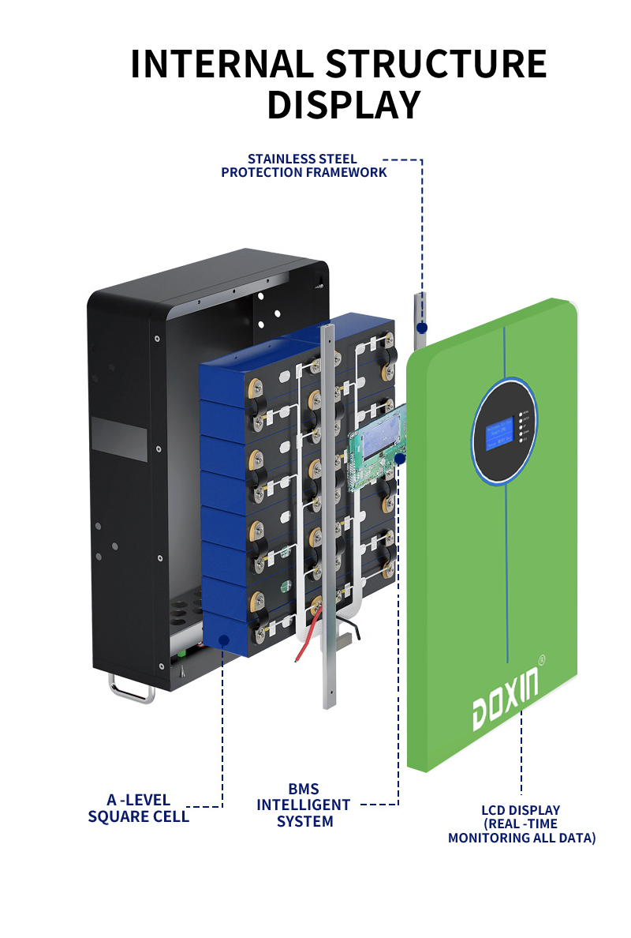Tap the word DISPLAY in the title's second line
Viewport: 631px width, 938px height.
(x=343, y=105)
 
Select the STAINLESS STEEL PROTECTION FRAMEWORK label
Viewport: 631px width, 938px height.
(x=304, y=165)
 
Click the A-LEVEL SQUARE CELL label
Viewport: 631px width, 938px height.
(x=139, y=809)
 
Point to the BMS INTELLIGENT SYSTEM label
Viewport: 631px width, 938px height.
(x=304, y=805)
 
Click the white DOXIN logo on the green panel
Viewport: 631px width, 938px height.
(x=506, y=700)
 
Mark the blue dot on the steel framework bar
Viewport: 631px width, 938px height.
(x=422, y=327)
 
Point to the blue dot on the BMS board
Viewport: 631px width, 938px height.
(x=400, y=458)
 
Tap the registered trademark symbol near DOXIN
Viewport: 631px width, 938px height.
(x=542, y=658)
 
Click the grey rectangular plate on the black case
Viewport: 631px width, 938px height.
(x=118, y=435)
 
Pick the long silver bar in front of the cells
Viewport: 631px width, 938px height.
(x=327, y=513)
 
